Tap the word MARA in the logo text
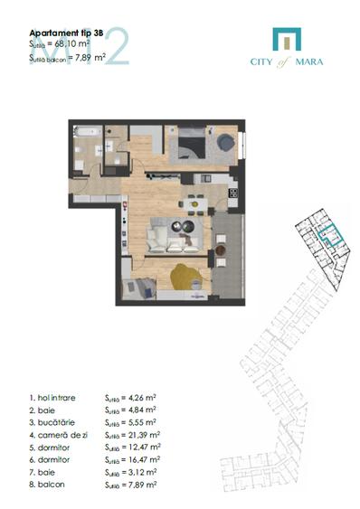tap(309, 61)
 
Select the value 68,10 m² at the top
tap(75, 43)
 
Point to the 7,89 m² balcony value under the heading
tap(90, 57)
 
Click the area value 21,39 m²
tap(142, 434)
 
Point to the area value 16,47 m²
tap(142, 458)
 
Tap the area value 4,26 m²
tap(140, 397)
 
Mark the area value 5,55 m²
tap(140, 421)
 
